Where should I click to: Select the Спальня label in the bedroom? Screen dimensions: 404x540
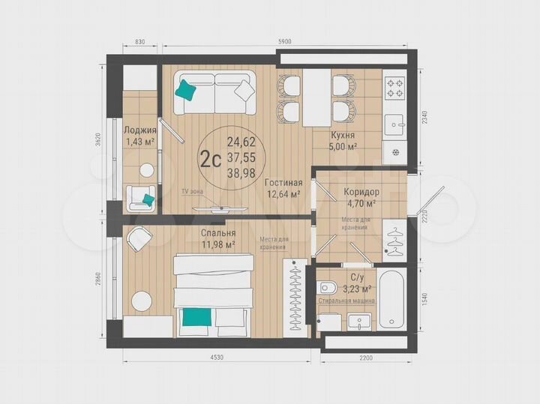coord(218,232)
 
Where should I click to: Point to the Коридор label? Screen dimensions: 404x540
coord(361,192)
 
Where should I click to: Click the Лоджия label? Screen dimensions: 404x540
coord(139,130)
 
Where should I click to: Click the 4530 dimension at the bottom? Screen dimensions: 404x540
coord(218,358)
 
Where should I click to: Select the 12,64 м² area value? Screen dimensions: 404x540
coord(285,194)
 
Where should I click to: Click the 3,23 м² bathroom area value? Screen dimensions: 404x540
coord(356,289)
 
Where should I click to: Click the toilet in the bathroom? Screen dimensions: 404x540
coord(327,287)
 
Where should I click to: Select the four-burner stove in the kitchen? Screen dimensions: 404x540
coord(394,89)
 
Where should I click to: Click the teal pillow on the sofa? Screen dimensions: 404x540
coord(187,90)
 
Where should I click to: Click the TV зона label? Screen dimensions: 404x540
coord(193,192)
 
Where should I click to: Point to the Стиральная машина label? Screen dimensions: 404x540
coord(346,300)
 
